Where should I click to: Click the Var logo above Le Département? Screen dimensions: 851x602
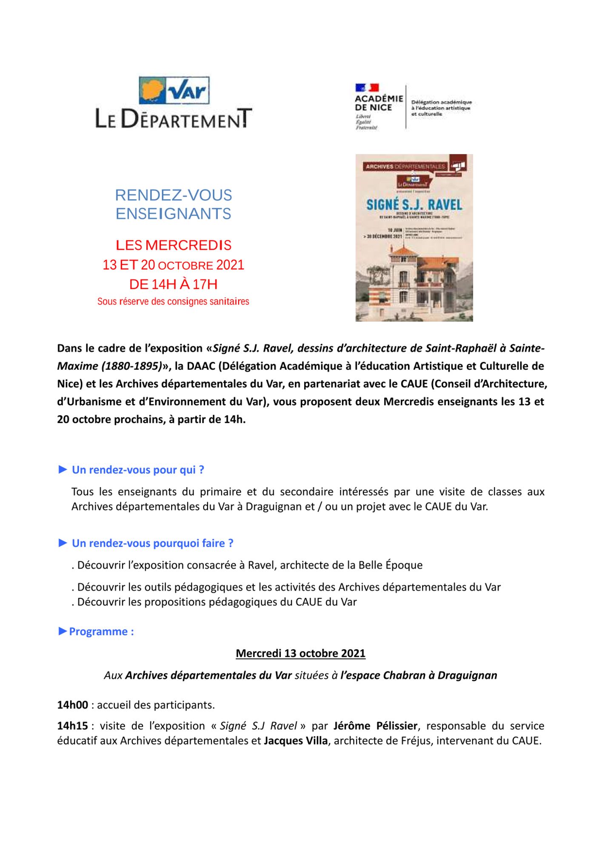pyautogui.click(x=174, y=90)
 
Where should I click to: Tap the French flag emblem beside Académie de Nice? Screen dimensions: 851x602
pyautogui.click(x=367, y=88)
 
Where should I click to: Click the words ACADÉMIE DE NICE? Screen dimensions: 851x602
pyautogui.click(x=379, y=103)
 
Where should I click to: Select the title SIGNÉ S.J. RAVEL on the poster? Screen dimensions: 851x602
pyautogui.click(x=414, y=205)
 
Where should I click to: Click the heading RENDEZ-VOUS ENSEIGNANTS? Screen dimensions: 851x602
pyautogui.click(x=174, y=204)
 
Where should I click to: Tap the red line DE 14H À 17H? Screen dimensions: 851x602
pyautogui.click(x=173, y=284)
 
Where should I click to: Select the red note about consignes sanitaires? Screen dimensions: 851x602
pyautogui.click(x=173, y=302)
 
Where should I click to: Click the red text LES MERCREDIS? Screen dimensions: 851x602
pyautogui.click(x=174, y=245)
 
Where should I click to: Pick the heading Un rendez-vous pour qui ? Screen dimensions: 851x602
pyautogui.click(x=138, y=470)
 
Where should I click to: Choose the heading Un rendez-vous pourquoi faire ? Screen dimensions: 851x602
pyautogui.click(x=152, y=543)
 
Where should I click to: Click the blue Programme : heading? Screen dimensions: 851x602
pyautogui.click(x=101, y=631)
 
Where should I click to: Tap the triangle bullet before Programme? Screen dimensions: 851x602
pyautogui.click(x=63, y=631)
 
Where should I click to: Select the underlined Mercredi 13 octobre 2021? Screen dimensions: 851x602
pyautogui.click(x=300, y=653)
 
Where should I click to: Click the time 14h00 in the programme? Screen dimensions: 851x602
pyautogui.click(x=72, y=705)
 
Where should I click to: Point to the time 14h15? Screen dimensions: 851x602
pyautogui.click(x=72, y=726)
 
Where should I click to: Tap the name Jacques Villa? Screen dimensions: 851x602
pyautogui.click(x=296, y=741)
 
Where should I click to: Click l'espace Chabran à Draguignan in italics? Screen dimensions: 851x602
pyautogui.click(x=419, y=675)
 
